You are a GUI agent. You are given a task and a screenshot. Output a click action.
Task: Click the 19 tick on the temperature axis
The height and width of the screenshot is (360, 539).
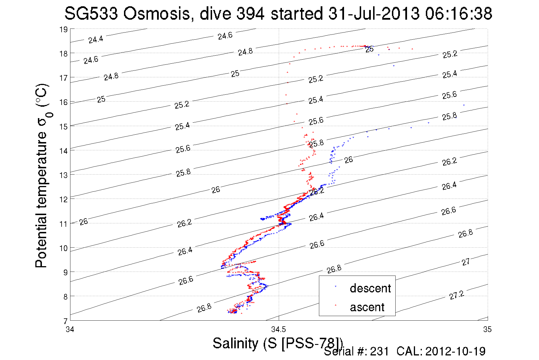63,29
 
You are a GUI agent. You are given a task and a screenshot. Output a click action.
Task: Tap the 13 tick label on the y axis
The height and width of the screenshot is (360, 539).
63,175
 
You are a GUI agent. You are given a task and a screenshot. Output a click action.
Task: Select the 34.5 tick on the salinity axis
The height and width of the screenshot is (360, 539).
278,329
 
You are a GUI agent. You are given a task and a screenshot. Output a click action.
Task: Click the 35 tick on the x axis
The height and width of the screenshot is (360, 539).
487,329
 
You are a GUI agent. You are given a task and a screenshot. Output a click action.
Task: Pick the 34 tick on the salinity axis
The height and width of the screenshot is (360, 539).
70,329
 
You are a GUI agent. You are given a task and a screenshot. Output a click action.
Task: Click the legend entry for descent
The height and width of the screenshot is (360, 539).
370,288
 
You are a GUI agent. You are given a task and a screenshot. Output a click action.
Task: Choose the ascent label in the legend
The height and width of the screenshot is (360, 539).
367,307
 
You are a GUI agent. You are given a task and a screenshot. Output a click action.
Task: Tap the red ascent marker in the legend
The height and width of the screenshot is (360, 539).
335,305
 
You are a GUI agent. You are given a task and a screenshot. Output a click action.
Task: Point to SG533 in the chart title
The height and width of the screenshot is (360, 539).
91,14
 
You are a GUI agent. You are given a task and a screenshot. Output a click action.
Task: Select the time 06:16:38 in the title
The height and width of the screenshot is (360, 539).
459,14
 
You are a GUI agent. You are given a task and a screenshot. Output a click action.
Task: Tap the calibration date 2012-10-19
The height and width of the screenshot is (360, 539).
455,351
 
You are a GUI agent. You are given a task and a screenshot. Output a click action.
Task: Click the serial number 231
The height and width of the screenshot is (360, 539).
379,351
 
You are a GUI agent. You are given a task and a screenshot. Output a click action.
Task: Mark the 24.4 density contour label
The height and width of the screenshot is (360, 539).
95,39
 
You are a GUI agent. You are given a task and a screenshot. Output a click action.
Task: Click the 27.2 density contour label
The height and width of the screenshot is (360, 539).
457,295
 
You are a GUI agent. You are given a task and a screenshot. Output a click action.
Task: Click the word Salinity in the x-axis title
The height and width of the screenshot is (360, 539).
235,343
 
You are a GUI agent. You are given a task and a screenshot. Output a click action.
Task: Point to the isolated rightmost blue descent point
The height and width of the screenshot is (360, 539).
464,105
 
